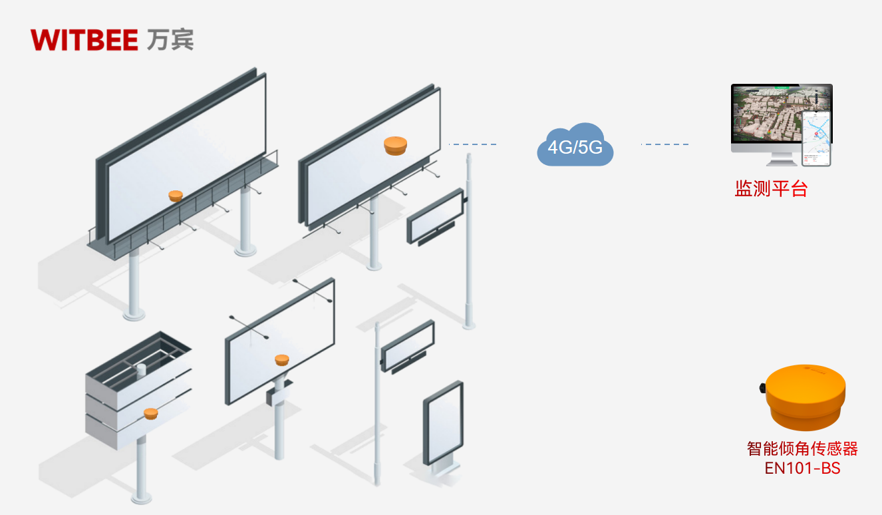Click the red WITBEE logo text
point(84,39)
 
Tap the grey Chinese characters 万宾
point(170,39)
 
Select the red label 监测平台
point(770,189)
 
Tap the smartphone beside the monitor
point(817,138)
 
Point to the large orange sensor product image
point(806,397)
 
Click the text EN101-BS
point(802,468)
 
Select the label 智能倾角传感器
point(802,449)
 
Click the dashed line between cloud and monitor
point(664,144)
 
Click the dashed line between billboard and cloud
point(473,144)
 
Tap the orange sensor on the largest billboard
point(176,196)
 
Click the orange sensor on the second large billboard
point(394,145)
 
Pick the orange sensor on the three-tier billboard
point(150,413)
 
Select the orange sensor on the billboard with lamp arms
point(282,360)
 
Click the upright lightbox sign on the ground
point(443,423)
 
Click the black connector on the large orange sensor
point(762,388)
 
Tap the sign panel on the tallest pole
point(435,216)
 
